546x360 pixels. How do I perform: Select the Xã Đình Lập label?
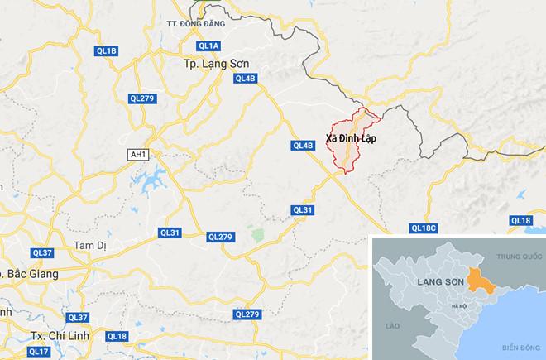point(351,138)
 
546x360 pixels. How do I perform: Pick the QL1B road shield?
point(107,51)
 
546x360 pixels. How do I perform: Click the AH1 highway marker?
point(137,154)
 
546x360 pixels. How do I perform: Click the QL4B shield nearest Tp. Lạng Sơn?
point(247,79)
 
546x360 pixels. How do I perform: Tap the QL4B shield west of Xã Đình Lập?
point(304,146)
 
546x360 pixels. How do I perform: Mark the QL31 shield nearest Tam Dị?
point(170,233)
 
